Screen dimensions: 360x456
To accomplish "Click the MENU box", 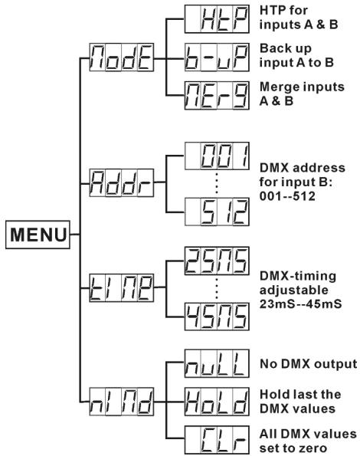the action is point(38,235).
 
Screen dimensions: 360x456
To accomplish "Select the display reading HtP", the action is point(217,19).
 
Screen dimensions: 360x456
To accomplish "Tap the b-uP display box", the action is point(217,57).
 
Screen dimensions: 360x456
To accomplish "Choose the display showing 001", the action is point(217,156).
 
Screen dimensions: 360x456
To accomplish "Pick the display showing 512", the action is point(217,212).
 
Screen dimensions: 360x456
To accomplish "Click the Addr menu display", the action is point(122,182).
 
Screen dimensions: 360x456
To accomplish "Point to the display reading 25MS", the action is point(217,261).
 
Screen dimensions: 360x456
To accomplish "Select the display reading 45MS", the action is point(217,317).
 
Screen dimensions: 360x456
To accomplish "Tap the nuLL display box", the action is point(217,363).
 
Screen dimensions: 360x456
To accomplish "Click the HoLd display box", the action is point(217,402).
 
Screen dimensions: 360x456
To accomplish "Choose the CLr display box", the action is point(217,440).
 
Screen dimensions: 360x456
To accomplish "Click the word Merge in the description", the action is point(278,87).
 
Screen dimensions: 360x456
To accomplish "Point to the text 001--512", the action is point(287,196).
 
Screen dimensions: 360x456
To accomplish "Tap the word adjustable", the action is point(294,290).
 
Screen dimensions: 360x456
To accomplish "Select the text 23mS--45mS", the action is point(301,304).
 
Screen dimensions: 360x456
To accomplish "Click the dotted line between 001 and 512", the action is point(217,183).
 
